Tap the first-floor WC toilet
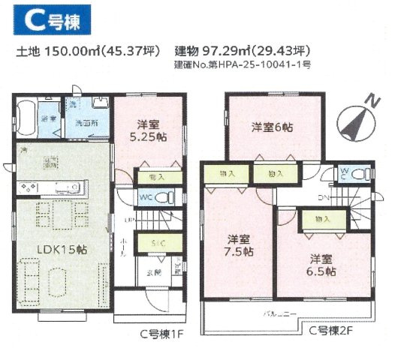168,199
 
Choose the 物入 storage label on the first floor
158,178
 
